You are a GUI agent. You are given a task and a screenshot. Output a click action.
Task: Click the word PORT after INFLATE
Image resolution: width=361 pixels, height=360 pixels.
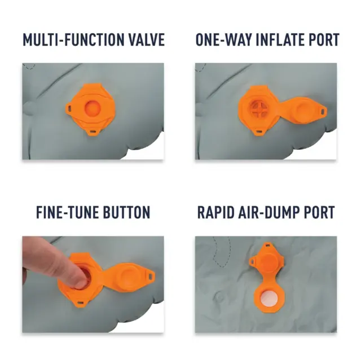[324, 40]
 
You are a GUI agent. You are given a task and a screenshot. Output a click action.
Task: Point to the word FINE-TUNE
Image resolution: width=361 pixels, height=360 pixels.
[68, 212]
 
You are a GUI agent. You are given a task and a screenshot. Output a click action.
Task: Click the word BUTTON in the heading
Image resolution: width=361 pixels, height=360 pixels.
[126, 212]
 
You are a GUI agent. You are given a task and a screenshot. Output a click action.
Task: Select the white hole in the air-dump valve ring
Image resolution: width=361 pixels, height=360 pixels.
[269, 298]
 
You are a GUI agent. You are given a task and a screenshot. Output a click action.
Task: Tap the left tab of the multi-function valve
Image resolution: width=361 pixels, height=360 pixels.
[69, 108]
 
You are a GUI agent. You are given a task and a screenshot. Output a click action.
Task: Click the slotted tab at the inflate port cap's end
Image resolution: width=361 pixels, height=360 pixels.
[323, 111]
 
